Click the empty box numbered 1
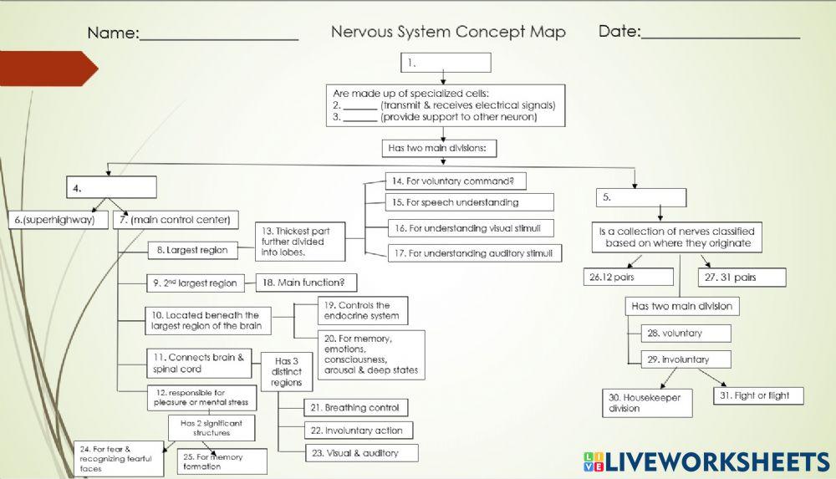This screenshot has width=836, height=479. coord(446,63)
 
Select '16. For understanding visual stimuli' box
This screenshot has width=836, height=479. coord(470,228)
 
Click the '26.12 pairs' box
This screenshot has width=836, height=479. coord(629,277)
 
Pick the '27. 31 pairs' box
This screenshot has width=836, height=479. coord(742,278)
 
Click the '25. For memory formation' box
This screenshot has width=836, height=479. coord(222,461)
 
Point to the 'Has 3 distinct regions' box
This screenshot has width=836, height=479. coord(288,371)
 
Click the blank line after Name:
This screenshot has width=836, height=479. coord(219,34)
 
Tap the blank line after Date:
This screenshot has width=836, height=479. coord(720,33)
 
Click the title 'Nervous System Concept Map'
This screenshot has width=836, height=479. coord(448,33)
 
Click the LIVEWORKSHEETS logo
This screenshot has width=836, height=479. coord(706,461)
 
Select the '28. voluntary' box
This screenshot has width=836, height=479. coord(686,333)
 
